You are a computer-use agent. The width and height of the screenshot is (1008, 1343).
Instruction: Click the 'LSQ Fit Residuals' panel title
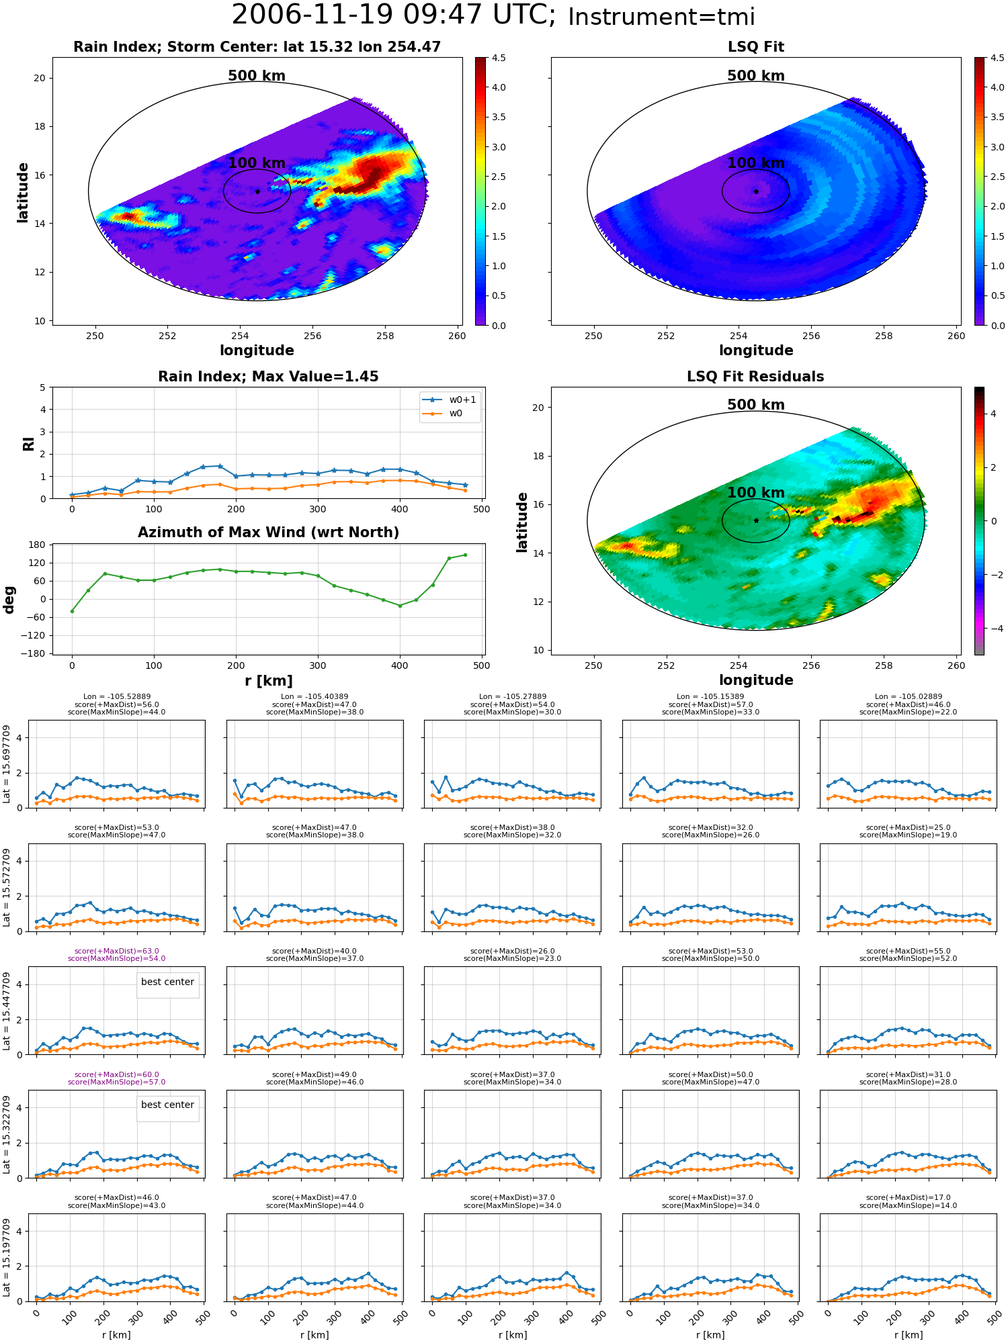point(755,377)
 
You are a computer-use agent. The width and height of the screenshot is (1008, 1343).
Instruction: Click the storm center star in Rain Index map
point(257,191)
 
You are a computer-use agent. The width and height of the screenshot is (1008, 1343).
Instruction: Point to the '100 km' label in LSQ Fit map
point(756,163)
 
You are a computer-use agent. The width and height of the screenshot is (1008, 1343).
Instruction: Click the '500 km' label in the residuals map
point(756,405)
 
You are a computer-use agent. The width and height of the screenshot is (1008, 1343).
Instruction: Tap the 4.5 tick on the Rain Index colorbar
point(499,58)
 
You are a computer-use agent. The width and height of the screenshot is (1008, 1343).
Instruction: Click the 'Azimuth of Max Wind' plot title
point(268,532)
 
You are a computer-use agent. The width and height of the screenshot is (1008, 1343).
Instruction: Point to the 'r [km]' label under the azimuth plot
point(268,681)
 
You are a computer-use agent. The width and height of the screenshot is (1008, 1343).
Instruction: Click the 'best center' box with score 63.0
point(167,982)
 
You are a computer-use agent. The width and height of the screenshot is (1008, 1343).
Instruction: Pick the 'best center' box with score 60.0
point(167,1105)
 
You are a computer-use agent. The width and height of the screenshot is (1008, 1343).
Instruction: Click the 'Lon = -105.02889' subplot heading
point(908,697)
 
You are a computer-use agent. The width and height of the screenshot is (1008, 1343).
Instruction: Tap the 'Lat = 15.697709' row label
point(7,763)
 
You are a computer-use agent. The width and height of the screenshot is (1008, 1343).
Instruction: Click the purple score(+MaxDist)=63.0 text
point(117,951)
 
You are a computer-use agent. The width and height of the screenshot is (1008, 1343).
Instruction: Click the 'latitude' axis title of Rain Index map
point(23,192)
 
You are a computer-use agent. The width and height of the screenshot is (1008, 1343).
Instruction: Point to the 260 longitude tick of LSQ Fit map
point(956,336)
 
